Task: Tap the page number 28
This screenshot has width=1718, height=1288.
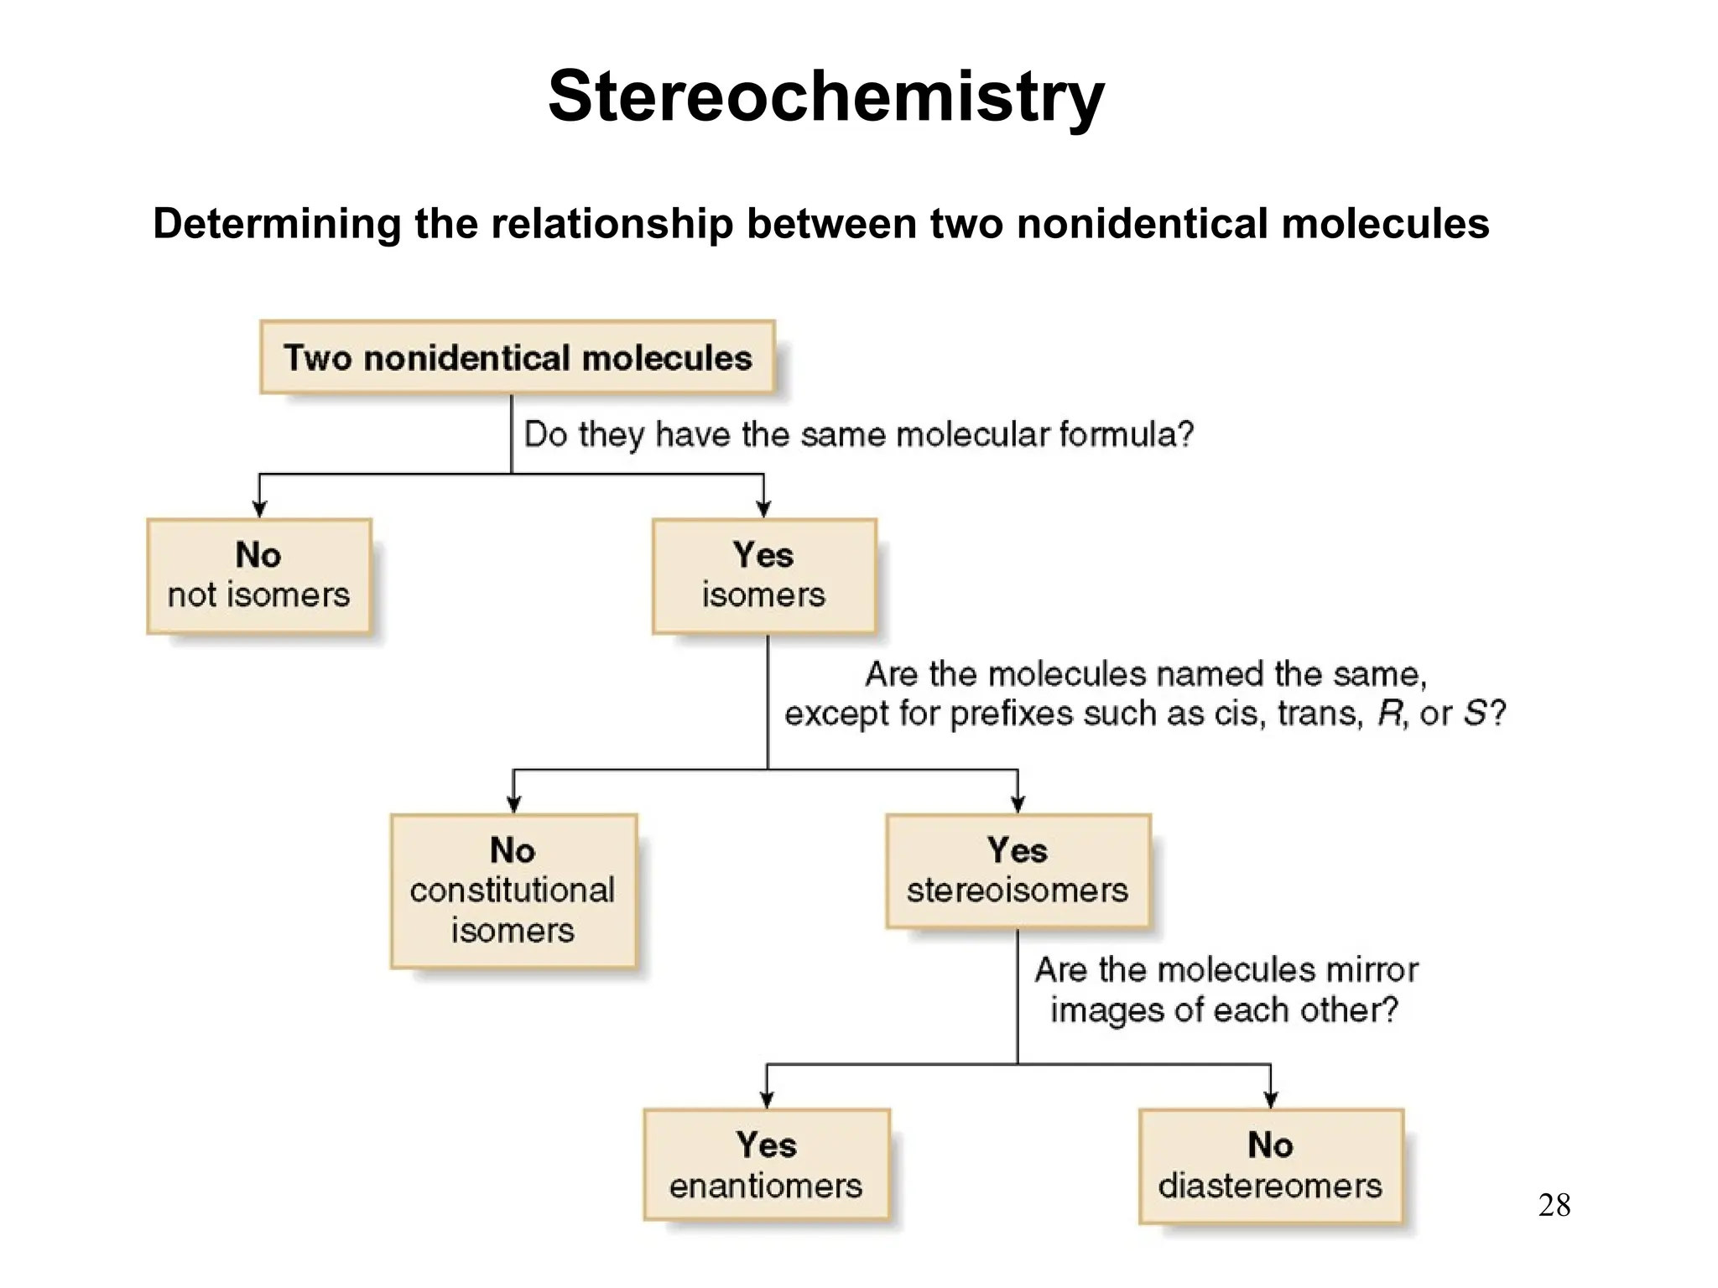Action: point(1554,1206)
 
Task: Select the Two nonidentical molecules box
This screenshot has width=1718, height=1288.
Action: point(517,357)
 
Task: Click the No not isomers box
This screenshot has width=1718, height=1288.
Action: point(258,576)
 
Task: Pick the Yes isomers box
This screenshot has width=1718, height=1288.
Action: point(763,576)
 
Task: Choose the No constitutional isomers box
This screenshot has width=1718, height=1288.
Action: point(513,891)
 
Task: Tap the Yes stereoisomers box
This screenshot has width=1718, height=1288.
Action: point(1018,870)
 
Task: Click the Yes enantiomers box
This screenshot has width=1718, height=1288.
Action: point(766,1165)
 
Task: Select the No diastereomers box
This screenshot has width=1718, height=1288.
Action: point(1270,1166)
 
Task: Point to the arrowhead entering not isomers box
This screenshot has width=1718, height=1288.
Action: point(259,509)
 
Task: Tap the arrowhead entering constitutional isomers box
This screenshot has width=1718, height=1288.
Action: point(513,804)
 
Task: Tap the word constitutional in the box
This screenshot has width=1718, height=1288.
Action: point(512,891)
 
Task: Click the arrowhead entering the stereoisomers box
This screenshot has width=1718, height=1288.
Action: point(1018,804)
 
